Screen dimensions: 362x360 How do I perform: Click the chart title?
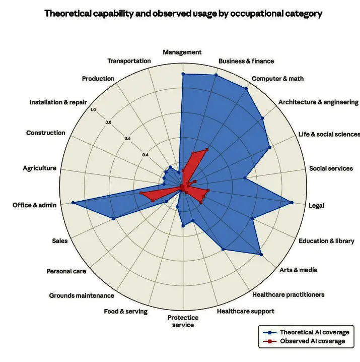[183, 14]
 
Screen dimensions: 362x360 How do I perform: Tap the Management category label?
[182, 52]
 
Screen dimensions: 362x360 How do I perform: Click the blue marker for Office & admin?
[73, 203]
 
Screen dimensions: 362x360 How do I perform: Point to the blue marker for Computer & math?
[246, 89]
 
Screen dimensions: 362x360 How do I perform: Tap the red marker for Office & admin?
[141, 194]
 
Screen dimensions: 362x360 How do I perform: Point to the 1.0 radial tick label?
[93, 109]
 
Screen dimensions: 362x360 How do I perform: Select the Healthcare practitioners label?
[289, 294]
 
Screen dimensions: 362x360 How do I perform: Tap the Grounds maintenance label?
[82, 295]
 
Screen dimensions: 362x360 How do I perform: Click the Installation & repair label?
[58, 102]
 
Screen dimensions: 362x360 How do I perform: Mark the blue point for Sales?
[113, 218]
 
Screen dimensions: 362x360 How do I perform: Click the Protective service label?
[183, 321]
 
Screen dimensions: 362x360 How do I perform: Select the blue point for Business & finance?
[216, 75]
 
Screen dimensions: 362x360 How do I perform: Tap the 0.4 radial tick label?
[145, 155]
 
